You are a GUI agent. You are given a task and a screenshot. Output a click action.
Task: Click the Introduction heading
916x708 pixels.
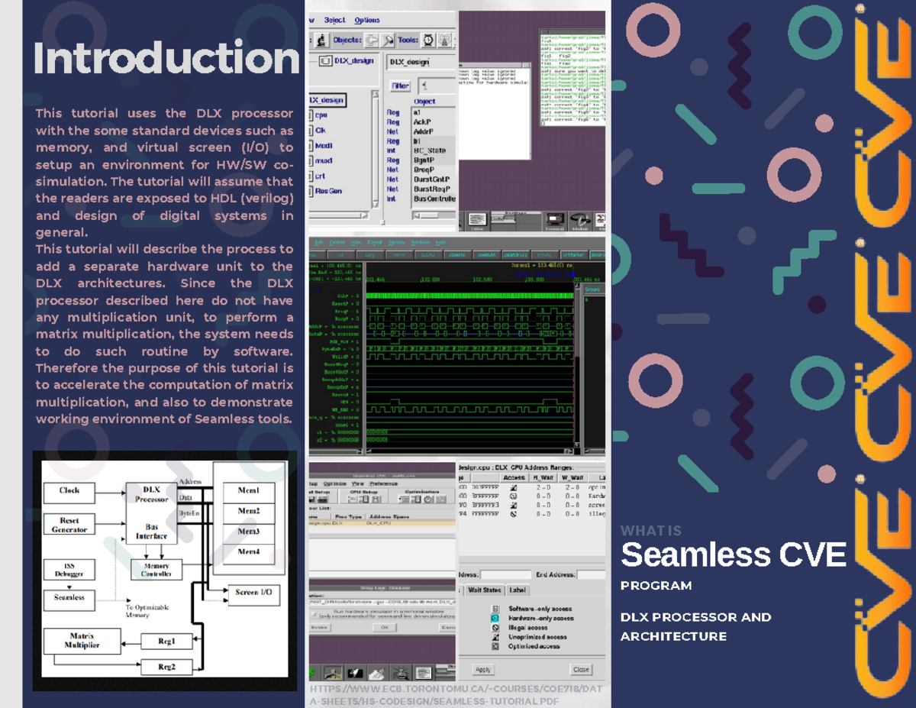pos(166,60)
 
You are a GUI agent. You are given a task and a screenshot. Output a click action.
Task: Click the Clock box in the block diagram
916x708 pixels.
pos(69,490)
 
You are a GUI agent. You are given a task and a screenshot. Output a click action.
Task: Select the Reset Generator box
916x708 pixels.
pos(69,525)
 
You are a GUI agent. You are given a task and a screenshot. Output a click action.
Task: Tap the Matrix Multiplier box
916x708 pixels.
pos(82,641)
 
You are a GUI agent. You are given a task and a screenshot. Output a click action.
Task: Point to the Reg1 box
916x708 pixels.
pos(166,642)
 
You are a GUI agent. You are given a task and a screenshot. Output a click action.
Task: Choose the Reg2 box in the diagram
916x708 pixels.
pos(166,667)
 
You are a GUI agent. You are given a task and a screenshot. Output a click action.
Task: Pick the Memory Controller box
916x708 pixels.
pos(156,570)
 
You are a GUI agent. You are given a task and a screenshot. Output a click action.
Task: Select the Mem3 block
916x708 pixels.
pos(248,531)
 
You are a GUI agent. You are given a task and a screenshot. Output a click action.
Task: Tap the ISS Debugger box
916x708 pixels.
pos(69,569)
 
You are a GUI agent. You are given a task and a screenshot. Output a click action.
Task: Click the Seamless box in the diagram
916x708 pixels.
pos(69,597)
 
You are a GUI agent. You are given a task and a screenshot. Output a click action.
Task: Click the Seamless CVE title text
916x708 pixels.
pos(733,554)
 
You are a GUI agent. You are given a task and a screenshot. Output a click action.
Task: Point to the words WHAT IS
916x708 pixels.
pos(650,531)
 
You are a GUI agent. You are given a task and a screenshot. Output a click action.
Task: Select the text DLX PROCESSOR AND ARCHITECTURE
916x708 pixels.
pos(695,626)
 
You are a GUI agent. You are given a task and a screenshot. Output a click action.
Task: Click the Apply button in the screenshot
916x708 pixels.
pos(483,670)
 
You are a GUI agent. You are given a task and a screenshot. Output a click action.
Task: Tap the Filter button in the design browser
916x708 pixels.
pos(400,86)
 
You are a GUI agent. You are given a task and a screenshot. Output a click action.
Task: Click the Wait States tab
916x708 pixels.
pos(484,590)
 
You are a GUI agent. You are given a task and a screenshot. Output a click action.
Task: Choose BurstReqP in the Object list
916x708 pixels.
pos(431,189)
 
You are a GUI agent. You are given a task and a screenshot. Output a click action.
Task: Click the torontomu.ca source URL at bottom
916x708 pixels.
pos(456,695)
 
